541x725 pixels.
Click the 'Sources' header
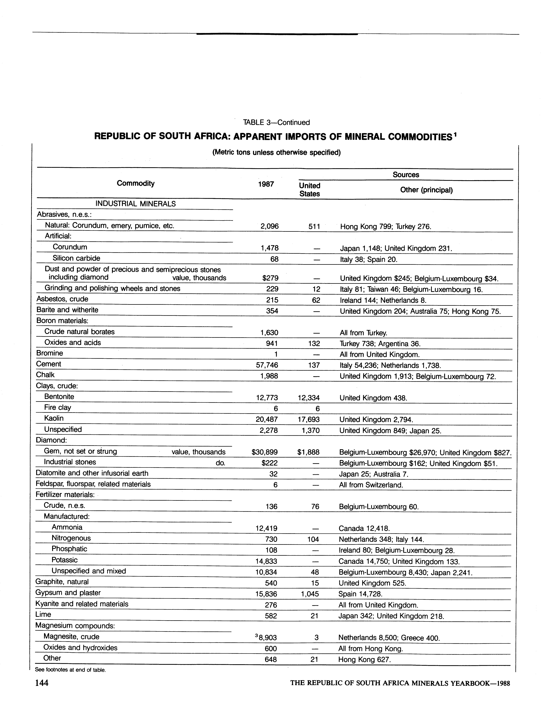406,175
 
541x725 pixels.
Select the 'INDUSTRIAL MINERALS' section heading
136,204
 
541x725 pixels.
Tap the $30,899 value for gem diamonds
265,452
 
